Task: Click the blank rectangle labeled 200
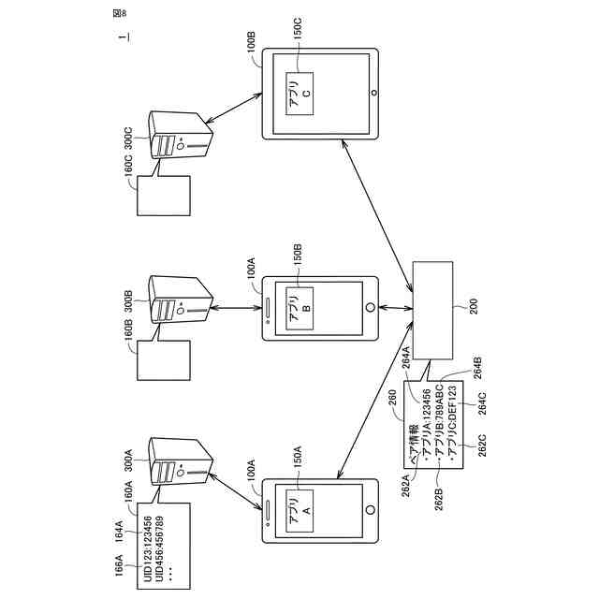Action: coord(432,309)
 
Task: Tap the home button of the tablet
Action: coord(374,94)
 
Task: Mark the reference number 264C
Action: coord(482,407)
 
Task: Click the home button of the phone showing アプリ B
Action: coord(371,307)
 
